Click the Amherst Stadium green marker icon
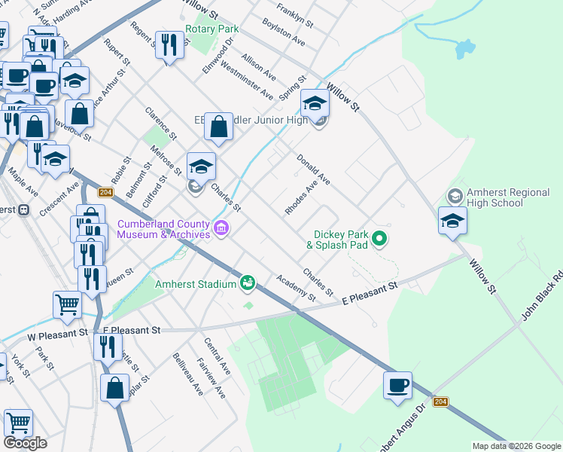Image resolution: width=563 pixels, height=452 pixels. tap(248, 283)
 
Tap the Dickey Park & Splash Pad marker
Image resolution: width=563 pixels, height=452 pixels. tap(380, 240)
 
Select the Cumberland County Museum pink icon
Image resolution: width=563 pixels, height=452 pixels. tap(221, 228)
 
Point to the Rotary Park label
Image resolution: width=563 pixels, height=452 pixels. tap(212, 29)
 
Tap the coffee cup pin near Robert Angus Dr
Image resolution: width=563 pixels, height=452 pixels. tap(397, 386)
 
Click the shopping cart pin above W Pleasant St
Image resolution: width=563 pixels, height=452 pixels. tap(67, 304)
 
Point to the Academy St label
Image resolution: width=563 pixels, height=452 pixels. tap(296, 287)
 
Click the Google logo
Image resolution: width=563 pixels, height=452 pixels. tap(25, 443)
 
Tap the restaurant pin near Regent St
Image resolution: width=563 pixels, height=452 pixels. tap(169, 45)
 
